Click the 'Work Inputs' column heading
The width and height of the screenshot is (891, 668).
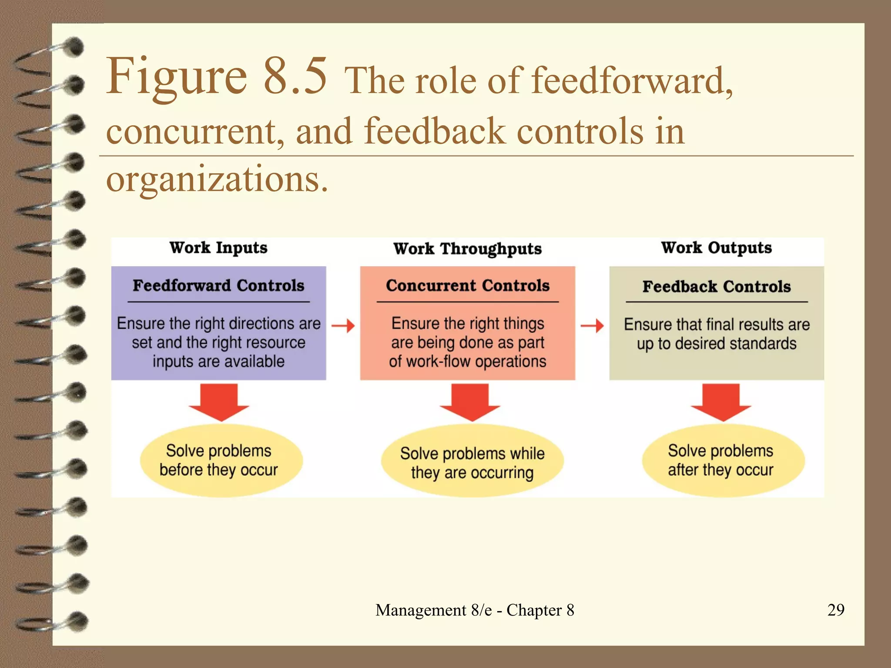218,248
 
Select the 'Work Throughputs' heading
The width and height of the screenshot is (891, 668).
467,249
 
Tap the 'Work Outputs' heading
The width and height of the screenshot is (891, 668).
716,248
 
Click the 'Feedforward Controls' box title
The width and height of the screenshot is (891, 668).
218,286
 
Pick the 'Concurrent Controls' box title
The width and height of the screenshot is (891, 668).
467,286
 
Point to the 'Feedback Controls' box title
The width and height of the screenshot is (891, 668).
716,287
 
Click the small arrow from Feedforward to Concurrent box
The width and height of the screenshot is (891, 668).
343,325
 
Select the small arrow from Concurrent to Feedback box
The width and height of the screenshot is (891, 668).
592,325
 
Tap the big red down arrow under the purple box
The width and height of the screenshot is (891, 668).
219,401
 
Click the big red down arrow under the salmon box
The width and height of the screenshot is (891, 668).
470,401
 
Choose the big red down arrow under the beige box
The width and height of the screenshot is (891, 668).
721,401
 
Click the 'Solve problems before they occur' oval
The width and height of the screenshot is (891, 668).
221,461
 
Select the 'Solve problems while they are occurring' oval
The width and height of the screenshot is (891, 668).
472,462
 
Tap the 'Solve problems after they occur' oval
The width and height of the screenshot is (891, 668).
723,461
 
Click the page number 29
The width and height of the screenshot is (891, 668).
836,610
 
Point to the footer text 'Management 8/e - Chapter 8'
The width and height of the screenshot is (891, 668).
475,610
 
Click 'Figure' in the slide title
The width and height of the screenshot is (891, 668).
177,77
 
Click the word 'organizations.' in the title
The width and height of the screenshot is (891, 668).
217,179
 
